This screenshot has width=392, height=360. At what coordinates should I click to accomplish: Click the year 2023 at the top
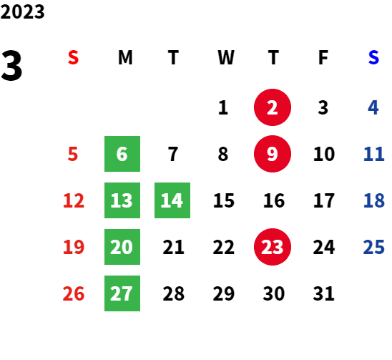(x=22, y=11)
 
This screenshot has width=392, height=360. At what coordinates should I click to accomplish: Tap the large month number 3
(x=11, y=66)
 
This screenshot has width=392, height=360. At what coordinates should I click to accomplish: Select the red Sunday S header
(x=73, y=57)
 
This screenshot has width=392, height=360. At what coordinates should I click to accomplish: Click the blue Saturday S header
(x=373, y=57)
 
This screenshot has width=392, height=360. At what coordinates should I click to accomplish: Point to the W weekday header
(x=226, y=57)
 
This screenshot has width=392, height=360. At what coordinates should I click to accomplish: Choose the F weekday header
(x=323, y=57)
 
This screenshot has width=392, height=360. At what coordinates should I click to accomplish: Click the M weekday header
(x=125, y=57)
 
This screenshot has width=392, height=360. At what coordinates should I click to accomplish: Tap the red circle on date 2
(x=273, y=107)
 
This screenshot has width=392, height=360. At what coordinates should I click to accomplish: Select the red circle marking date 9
(x=273, y=154)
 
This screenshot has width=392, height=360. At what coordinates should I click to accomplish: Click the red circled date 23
(x=273, y=247)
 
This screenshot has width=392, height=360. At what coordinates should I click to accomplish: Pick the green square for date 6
(x=122, y=154)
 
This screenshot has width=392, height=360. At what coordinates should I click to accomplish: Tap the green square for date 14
(x=172, y=200)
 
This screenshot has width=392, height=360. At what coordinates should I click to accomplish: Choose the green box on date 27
(x=122, y=293)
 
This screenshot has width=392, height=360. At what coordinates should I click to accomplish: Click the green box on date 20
(x=122, y=247)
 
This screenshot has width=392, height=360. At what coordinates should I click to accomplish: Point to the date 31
(x=323, y=293)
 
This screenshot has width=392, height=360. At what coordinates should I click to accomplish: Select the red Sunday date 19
(x=74, y=247)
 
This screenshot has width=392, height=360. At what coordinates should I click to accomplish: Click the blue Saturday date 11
(x=373, y=154)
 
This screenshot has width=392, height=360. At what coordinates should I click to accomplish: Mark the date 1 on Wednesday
(x=223, y=107)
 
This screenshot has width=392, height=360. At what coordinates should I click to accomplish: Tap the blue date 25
(x=373, y=247)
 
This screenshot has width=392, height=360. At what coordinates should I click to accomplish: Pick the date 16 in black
(x=274, y=200)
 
